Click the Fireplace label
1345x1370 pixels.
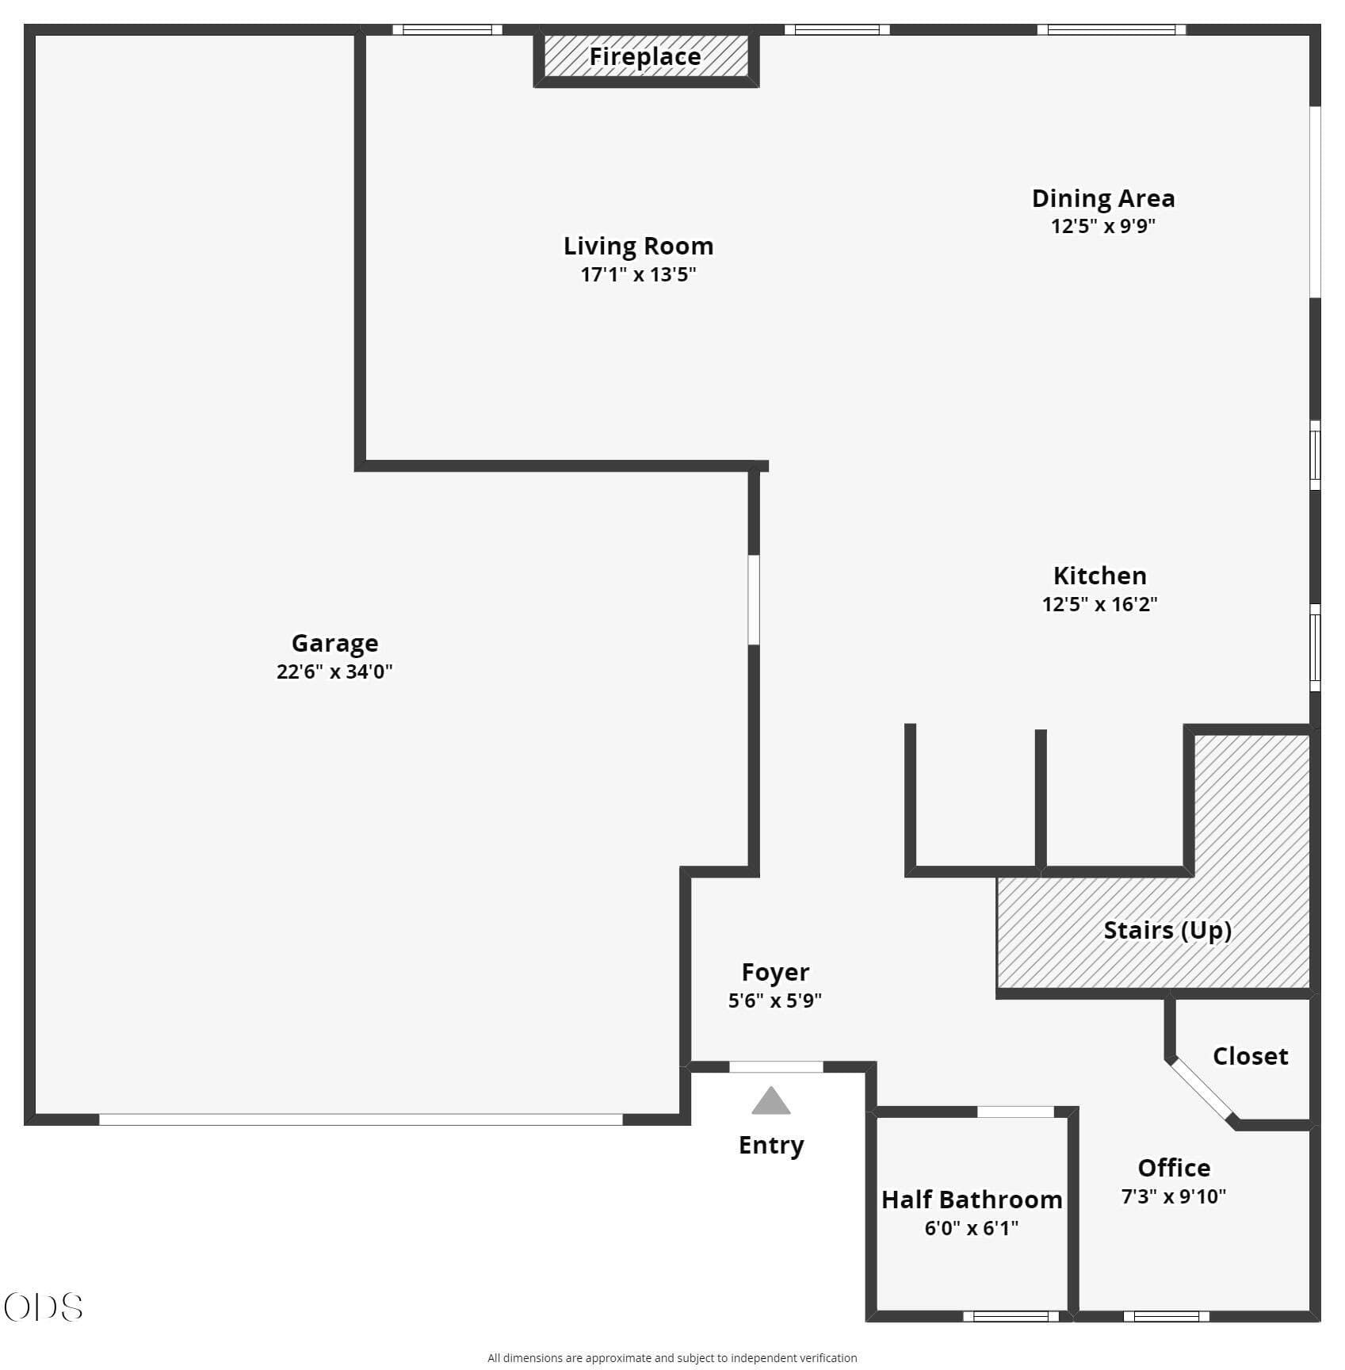[x=644, y=57]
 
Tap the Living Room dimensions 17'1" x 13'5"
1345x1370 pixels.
[x=638, y=274]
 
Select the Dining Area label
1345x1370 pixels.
[x=1102, y=198]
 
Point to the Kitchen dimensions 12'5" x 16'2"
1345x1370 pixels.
[x=1099, y=604]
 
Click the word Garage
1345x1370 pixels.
[x=334, y=643]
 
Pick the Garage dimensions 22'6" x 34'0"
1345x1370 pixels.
[x=334, y=672]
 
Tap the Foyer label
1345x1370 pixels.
[x=775, y=972]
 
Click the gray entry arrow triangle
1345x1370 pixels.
[x=771, y=1100]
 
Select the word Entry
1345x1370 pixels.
[x=771, y=1145]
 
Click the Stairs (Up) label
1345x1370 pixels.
[x=1167, y=930]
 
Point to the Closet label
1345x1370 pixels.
[x=1250, y=1056]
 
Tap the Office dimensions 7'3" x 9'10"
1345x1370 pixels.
[x=1173, y=1196]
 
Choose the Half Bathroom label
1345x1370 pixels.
[x=972, y=1200]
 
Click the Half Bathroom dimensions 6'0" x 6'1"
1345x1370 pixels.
[x=972, y=1228]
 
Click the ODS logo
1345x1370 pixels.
[x=43, y=1307]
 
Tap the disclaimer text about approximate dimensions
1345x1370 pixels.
[x=672, y=1358]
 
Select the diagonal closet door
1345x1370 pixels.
[x=1202, y=1091]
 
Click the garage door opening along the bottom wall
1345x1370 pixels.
[x=361, y=1119]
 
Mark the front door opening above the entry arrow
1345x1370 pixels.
[x=776, y=1067]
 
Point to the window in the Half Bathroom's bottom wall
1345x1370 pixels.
[x=1011, y=1317]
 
